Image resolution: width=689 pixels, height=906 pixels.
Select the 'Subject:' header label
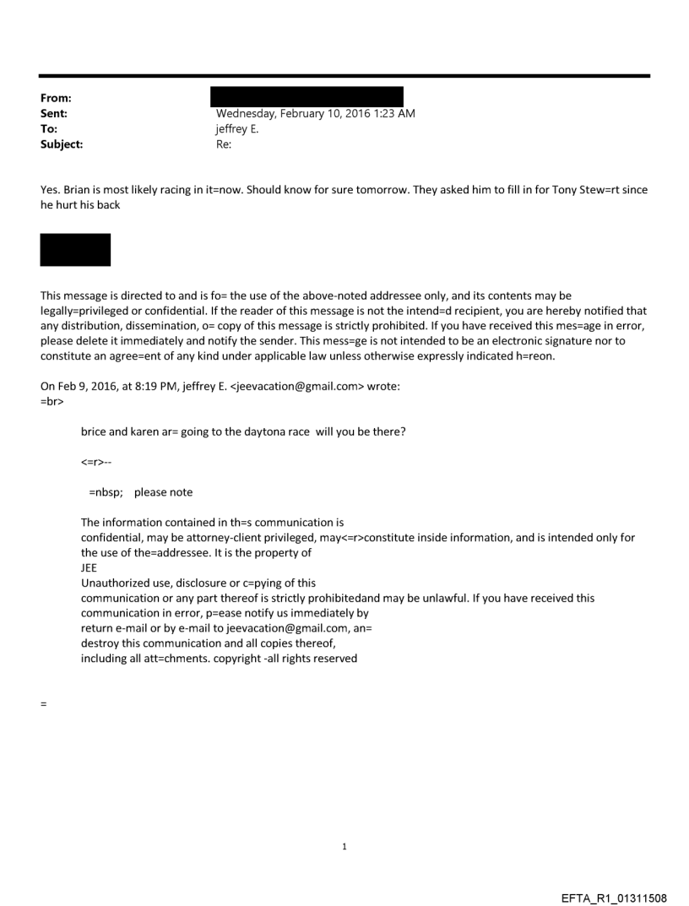tap(61, 144)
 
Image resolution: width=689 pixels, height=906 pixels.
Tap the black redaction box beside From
tap(309, 95)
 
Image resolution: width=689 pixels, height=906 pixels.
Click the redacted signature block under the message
tap(75, 250)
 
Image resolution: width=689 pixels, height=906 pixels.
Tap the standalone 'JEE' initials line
tap(89, 568)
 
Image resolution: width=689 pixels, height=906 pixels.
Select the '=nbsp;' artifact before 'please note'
tap(106, 492)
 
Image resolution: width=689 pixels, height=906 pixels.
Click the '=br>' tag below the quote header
tap(51, 394)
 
